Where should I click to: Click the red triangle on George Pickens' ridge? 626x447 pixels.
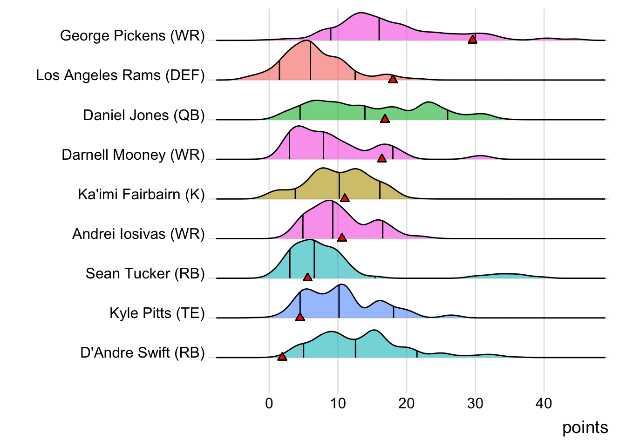(x=472, y=40)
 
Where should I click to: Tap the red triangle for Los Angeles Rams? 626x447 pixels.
(x=393, y=79)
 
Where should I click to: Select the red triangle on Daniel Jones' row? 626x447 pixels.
(x=385, y=119)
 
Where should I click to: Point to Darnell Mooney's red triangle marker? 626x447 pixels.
(x=381, y=158)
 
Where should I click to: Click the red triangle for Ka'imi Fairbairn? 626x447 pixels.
(x=345, y=198)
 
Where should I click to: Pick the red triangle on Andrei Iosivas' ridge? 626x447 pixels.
(x=342, y=238)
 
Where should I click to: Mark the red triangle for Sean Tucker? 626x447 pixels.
(x=307, y=278)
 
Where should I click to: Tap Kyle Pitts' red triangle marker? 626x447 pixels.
(x=300, y=317)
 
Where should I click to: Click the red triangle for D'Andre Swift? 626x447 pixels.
(x=282, y=357)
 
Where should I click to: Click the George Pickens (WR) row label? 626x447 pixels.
(x=132, y=35)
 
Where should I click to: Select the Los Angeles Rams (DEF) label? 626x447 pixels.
(x=120, y=75)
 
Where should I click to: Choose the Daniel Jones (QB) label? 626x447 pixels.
(x=143, y=115)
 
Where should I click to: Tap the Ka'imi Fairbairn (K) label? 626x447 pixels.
(x=141, y=194)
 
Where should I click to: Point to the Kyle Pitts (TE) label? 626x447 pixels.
(x=157, y=313)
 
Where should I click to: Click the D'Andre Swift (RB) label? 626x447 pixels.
(x=142, y=352)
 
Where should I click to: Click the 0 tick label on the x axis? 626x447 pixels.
(x=269, y=403)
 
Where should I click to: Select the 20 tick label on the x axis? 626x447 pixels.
(x=406, y=403)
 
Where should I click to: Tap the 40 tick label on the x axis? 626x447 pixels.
(x=544, y=403)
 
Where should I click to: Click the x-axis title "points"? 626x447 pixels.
(x=585, y=427)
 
